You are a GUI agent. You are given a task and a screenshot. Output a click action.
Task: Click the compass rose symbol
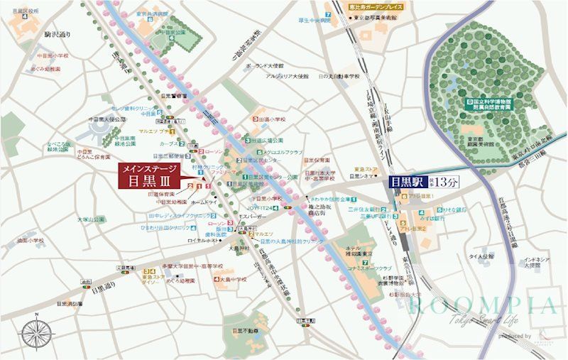tap(38, 334)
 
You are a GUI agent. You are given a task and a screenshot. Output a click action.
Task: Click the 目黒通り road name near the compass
tap(102, 290)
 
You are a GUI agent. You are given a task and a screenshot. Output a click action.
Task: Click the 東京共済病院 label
tap(153, 13)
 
